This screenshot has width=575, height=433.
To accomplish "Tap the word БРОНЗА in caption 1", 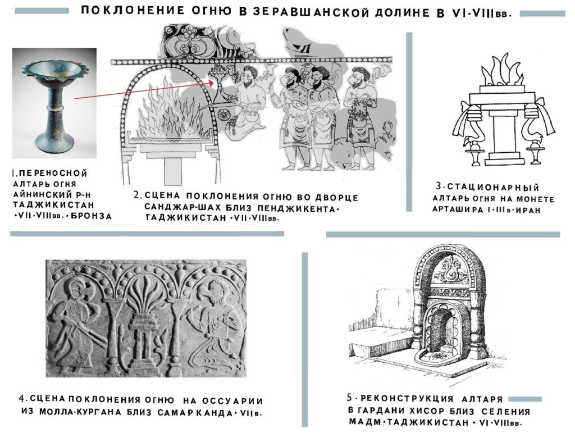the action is (x=91, y=216).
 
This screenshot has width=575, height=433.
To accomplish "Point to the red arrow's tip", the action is (x=214, y=82).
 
